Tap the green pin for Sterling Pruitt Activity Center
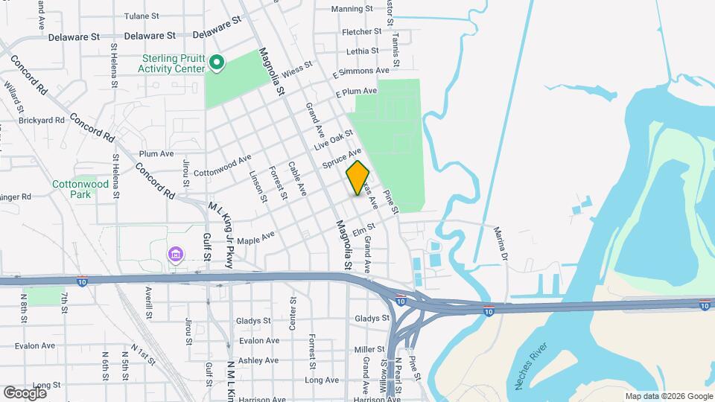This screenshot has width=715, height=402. tap(216, 63)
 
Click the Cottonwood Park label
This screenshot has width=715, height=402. tap(71, 189)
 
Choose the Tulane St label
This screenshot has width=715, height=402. tap(142, 16)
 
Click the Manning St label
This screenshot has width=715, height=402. tap(352, 9)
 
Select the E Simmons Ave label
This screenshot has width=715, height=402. tap(360, 72)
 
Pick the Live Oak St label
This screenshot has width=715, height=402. tap(333, 139)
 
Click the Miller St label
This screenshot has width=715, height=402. tap(369, 349)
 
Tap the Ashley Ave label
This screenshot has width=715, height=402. tap(258, 360)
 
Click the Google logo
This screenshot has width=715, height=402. tap(25, 392)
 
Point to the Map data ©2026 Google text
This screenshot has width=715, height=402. tap(668, 396)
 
